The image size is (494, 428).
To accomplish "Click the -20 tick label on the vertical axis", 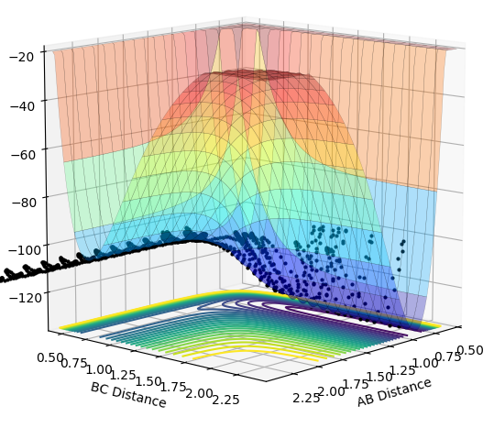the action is [22, 57].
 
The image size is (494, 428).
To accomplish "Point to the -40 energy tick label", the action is [23, 106].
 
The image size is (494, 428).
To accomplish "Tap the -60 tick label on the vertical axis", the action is [23, 155].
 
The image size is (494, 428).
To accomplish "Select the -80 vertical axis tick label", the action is [24, 202].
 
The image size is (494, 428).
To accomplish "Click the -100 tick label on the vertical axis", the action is [24, 250].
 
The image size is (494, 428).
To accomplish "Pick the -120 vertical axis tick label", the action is [26, 297].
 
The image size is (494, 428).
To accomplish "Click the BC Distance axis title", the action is [128, 395].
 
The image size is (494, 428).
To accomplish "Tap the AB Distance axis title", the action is [394, 392].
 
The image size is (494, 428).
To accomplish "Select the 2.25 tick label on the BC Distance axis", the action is [225, 400].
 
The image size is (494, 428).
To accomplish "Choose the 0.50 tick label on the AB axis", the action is [470, 350].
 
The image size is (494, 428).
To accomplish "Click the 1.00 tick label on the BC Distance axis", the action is [99, 369].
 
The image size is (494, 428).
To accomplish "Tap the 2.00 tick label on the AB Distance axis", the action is [332, 391].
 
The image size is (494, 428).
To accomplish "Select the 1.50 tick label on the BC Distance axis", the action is [148, 381].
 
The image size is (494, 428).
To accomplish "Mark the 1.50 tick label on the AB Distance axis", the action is [379, 377].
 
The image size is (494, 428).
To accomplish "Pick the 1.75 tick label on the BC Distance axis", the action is [173, 387].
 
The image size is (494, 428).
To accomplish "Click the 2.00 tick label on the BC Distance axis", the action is [199, 393].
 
